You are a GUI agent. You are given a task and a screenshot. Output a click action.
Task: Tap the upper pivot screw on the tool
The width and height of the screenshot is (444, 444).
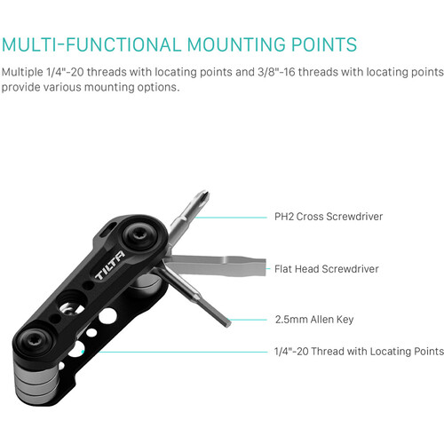click(139, 236)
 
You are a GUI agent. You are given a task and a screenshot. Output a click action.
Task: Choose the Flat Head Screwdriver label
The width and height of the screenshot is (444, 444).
click(326, 268)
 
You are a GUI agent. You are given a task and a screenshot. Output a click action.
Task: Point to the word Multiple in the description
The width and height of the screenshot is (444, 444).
click(25, 71)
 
